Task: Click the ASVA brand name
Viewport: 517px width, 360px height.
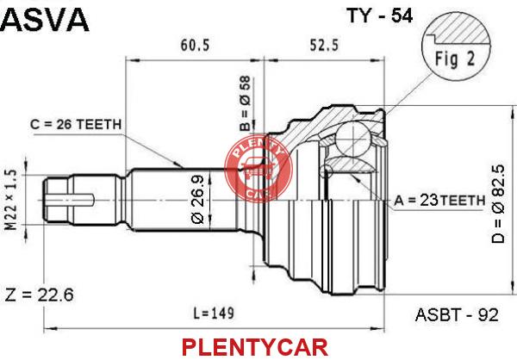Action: tap(45, 20)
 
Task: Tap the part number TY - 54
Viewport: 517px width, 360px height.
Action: tap(379, 16)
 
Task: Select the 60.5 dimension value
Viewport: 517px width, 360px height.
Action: tap(195, 45)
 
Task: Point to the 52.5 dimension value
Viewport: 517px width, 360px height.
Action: tap(324, 45)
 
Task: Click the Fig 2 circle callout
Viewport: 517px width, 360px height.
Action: tap(457, 49)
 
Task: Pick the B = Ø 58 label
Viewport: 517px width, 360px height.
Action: tap(246, 103)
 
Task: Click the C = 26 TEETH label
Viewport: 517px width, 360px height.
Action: tap(76, 125)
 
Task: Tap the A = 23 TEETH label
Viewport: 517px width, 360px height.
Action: tap(439, 200)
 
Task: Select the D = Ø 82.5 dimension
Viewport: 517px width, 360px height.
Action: tap(498, 204)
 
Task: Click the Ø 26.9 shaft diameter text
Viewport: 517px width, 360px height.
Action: tap(197, 200)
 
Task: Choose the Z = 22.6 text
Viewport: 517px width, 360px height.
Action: tap(40, 295)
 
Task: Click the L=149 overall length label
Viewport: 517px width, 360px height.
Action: tap(214, 313)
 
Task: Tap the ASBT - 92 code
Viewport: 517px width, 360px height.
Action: tap(457, 315)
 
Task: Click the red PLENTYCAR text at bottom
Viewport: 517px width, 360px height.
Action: tap(255, 347)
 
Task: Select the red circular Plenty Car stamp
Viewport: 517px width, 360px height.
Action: tap(258, 170)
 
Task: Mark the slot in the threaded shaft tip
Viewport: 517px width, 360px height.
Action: tap(71, 200)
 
